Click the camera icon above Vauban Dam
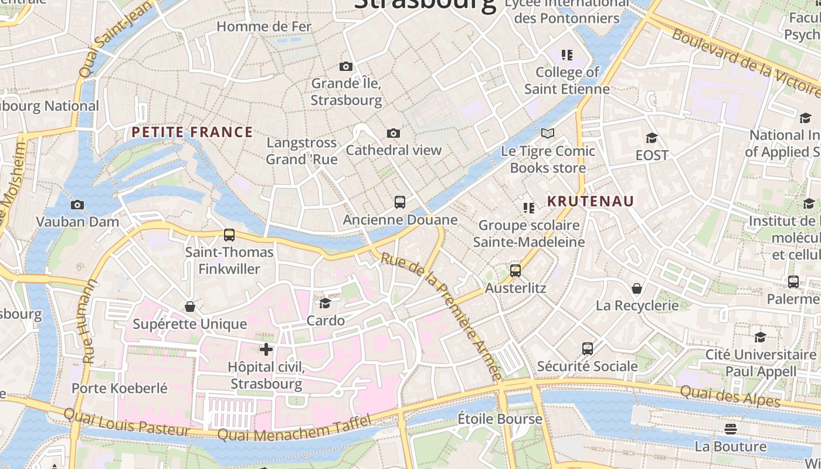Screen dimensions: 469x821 point(77,205)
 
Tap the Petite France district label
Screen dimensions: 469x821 point(192,132)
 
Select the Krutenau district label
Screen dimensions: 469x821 point(591,201)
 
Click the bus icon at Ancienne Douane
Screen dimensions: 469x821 point(400,202)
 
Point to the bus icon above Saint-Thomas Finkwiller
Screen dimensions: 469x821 point(229,235)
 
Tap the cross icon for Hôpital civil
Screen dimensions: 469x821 point(266,349)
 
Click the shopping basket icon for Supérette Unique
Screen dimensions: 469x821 point(190,307)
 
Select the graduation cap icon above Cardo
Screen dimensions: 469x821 point(325,303)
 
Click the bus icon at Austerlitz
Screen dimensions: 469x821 point(515,271)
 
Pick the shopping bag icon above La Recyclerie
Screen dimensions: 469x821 point(637,288)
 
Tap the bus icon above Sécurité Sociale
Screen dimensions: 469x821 point(588,349)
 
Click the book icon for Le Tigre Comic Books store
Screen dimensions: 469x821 point(548,134)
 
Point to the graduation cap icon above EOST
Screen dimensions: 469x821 point(652,138)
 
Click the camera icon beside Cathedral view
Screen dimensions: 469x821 point(393,133)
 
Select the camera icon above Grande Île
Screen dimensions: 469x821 point(346,66)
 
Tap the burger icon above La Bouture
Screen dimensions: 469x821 point(730,429)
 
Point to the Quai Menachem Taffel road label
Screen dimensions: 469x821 point(294,429)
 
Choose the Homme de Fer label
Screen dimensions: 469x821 point(264,26)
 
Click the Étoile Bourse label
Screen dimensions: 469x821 point(500,419)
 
